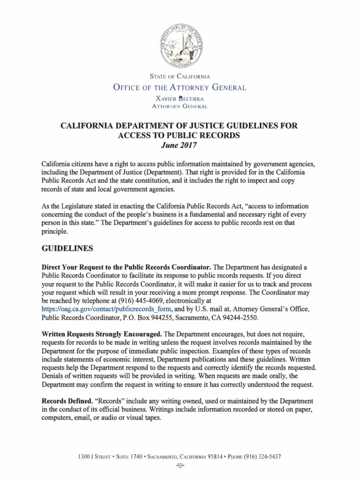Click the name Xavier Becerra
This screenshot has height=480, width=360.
180,99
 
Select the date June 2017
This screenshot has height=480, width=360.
180,145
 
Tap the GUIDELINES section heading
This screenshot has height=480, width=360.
68,247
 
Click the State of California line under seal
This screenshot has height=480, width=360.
180,76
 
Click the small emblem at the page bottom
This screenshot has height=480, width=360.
180,465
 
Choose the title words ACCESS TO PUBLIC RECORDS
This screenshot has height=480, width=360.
180,135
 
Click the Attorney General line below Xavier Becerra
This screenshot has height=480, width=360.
180,106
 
